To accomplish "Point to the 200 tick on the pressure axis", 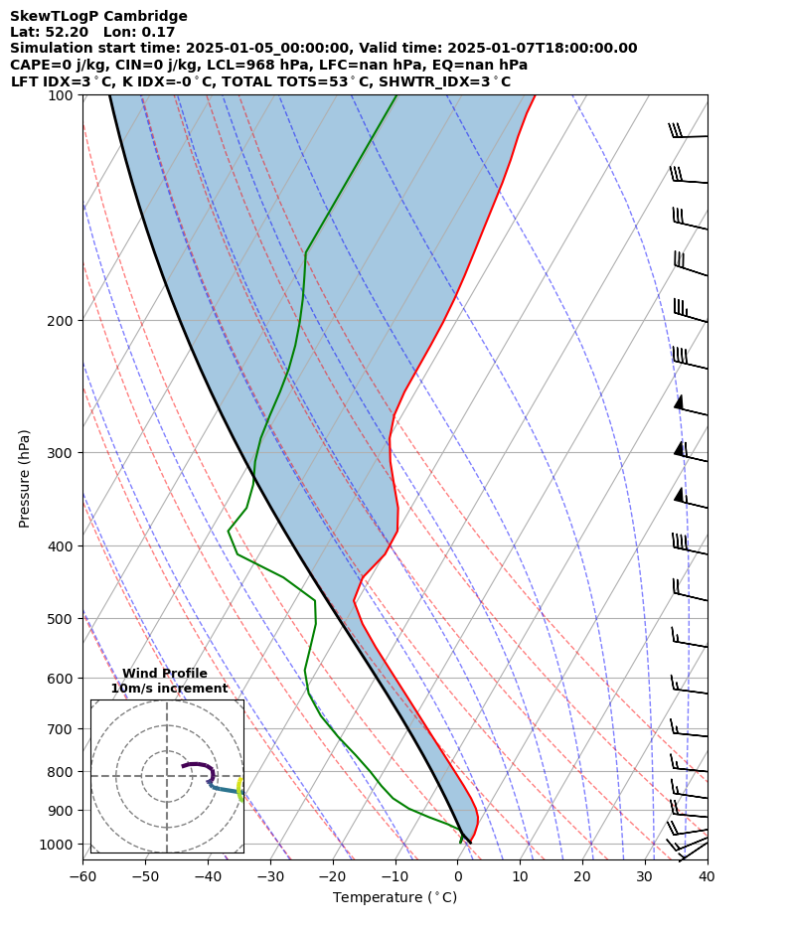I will [x=61, y=321].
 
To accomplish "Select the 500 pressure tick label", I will [x=61, y=619].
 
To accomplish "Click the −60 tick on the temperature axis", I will [x=82, y=877].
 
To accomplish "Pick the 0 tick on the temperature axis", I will [x=457, y=877].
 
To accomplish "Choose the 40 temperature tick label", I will [x=707, y=877].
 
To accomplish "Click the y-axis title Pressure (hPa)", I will [x=25, y=478].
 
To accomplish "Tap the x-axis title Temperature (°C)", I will [x=394, y=898].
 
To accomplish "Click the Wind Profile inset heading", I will [x=165, y=674].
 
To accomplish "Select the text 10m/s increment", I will [x=169, y=689].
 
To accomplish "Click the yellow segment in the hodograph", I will [x=239, y=790].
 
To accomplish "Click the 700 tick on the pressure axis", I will [x=61, y=728].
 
